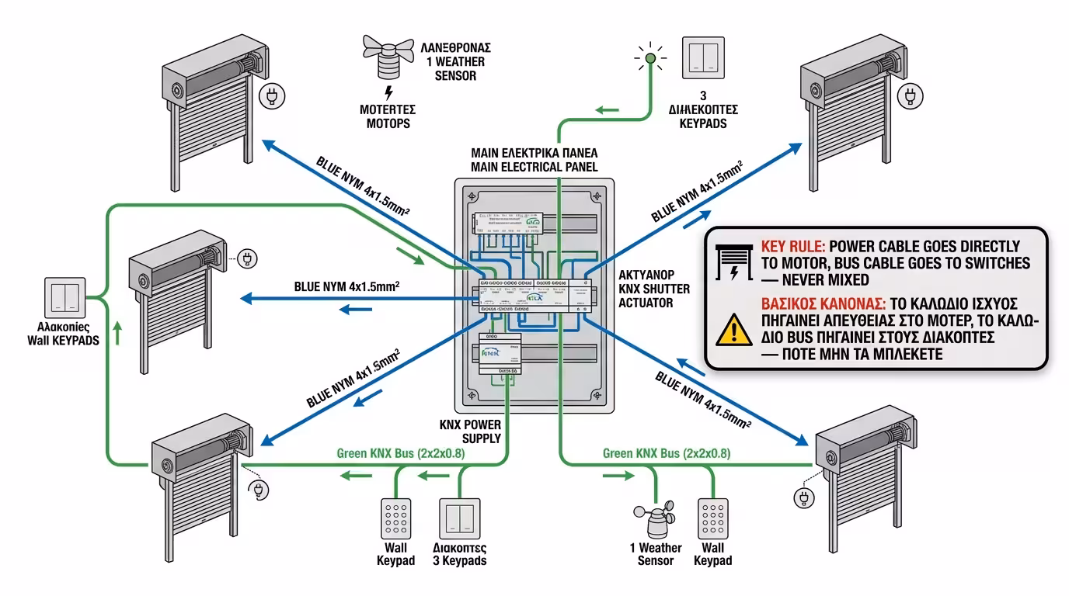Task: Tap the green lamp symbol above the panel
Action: tap(651, 57)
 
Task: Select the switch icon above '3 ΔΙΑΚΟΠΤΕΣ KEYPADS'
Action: tap(704, 57)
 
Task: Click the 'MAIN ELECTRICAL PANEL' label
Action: tap(534, 159)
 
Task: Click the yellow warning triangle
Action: tap(729, 330)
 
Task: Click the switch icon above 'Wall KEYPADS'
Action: tap(63, 296)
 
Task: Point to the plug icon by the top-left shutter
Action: tap(271, 97)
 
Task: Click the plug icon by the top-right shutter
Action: tap(908, 97)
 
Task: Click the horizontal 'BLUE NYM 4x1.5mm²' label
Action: tap(346, 286)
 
